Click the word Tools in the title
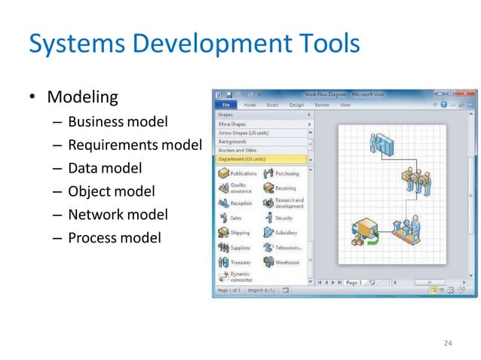click(x=323, y=44)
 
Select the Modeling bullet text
click(x=82, y=97)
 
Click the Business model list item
click(x=118, y=121)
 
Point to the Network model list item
click(x=118, y=215)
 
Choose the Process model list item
click(x=114, y=238)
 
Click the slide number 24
click(x=448, y=343)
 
